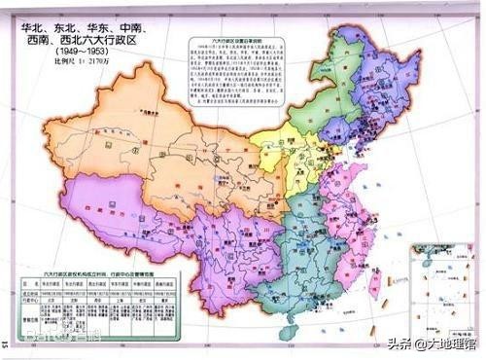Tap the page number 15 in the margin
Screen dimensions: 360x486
click(6, 342)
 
